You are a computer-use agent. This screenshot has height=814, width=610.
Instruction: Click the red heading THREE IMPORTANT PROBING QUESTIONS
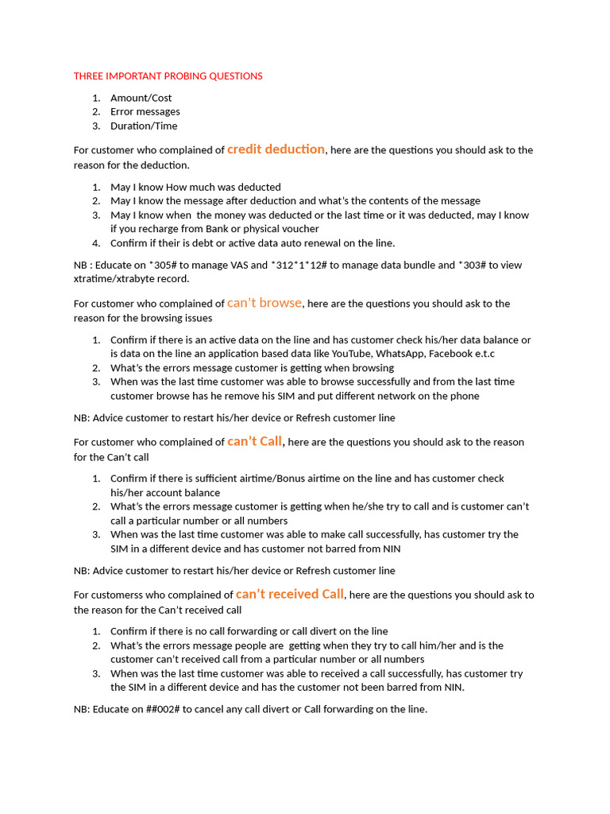(x=168, y=76)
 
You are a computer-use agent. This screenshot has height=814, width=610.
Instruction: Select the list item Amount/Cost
(x=141, y=98)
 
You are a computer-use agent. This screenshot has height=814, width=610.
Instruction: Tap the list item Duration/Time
(x=144, y=126)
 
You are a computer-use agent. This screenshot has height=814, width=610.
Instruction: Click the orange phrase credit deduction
(x=276, y=149)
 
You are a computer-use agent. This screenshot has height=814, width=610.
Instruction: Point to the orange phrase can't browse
(x=264, y=303)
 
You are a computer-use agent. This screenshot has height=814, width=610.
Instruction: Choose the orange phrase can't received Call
(x=290, y=594)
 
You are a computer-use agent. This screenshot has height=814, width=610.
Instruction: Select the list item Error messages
(x=145, y=111)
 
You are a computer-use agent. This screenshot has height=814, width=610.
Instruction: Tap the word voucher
(x=299, y=229)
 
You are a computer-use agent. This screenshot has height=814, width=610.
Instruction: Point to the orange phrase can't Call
(x=255, y=441)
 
